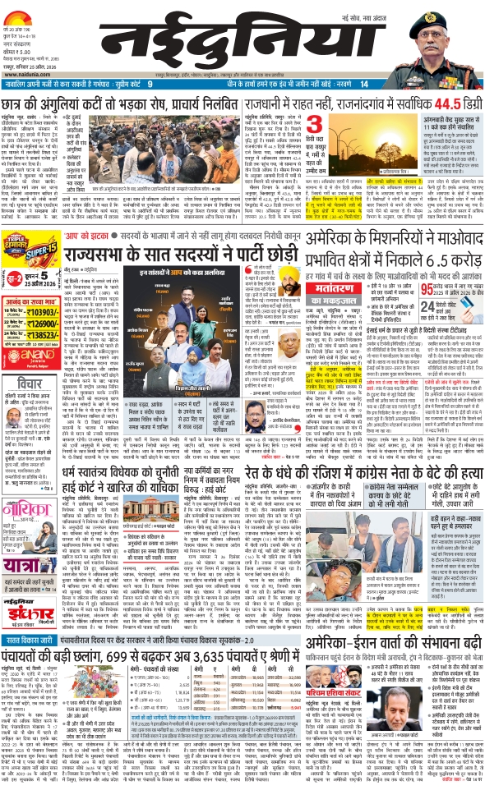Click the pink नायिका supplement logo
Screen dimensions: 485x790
coord(25,474)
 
